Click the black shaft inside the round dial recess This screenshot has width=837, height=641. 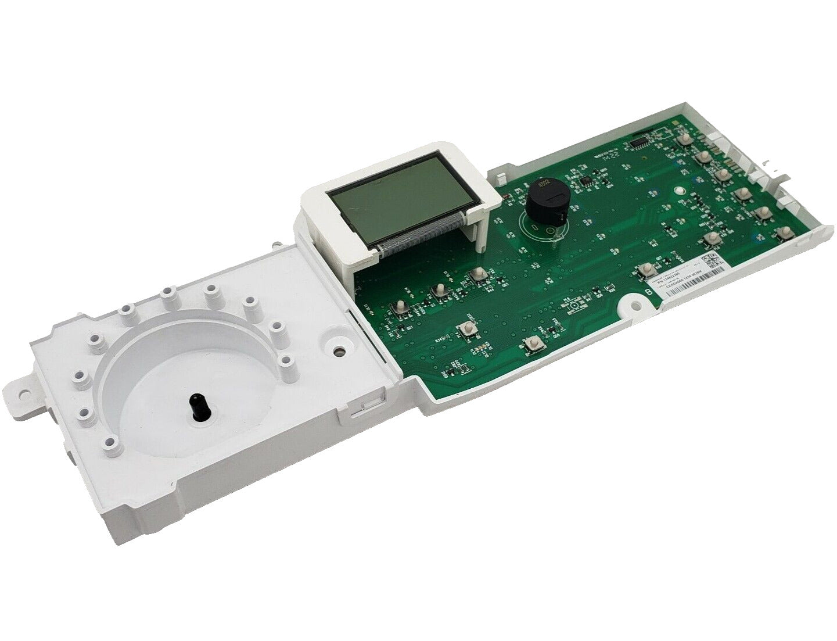coord(198,403)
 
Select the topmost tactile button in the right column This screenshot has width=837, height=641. coord(684,140)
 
